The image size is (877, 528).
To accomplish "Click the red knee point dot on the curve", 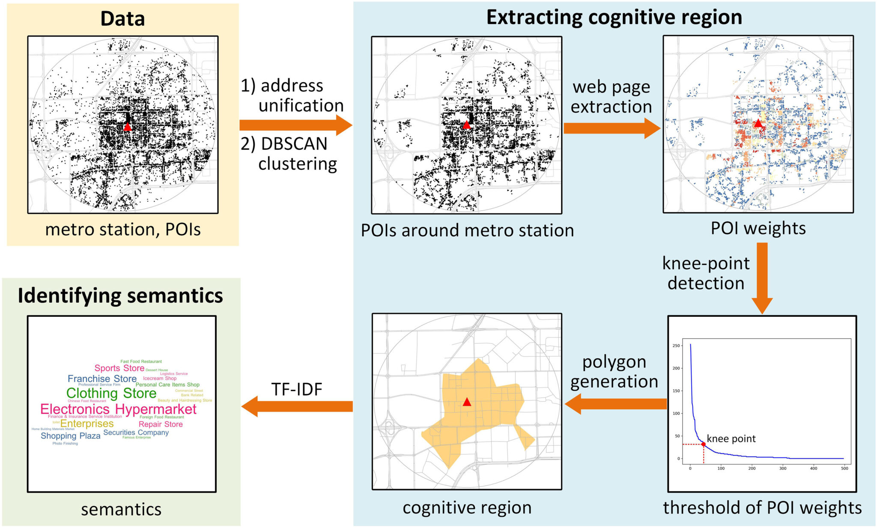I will point(703,444).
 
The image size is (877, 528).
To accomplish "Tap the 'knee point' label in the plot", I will point(731,439).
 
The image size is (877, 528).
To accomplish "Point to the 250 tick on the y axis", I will point(676,346).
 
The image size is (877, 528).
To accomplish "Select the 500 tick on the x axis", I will point(844,468).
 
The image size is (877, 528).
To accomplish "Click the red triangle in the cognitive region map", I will point(467,402).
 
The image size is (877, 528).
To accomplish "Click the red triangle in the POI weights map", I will point(758,123).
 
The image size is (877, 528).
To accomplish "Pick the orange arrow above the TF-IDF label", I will point(297,406).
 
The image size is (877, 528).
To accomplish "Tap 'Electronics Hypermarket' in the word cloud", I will point(118,409).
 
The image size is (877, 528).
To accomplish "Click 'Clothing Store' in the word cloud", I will point(111,393).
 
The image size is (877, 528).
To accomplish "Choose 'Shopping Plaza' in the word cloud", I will point(70,436).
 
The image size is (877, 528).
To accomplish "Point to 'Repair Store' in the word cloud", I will point(161,424).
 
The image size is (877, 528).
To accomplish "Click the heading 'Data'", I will point(122,19).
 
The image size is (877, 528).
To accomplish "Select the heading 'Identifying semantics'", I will point(120,295).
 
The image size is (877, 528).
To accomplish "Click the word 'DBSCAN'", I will point(294,144).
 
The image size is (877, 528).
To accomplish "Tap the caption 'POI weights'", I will point(758,228).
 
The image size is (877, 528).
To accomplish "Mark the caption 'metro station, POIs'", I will point(123,230).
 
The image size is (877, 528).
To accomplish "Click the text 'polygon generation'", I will point(614,371).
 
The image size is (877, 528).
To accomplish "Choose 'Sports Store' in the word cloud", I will point(119,368).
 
